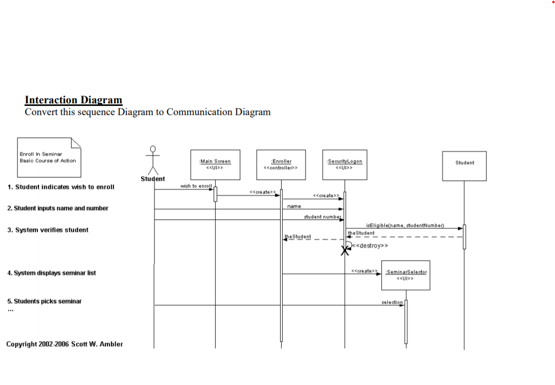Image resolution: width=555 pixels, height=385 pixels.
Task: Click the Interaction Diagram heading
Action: tap(74, 100)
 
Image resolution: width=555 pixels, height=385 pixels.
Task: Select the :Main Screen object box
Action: tap(215, 165)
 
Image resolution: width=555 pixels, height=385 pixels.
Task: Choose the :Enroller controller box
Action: tap(281, 165)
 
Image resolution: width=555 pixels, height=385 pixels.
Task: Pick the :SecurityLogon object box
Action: tap(344, 165)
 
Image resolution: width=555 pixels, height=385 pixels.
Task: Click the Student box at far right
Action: tap(465, 165)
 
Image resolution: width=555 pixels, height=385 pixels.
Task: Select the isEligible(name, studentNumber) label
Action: tap(405, 225)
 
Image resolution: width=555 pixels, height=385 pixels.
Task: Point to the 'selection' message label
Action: tap(392, 302)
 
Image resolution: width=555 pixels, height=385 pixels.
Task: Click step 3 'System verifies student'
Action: tap(48, 230)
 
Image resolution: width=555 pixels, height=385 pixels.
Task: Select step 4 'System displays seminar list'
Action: tap(51, 273)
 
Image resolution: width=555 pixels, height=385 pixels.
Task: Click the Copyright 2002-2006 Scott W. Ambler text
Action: tap(64, 344)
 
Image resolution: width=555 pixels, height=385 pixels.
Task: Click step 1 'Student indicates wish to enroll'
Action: tap(61, 187)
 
